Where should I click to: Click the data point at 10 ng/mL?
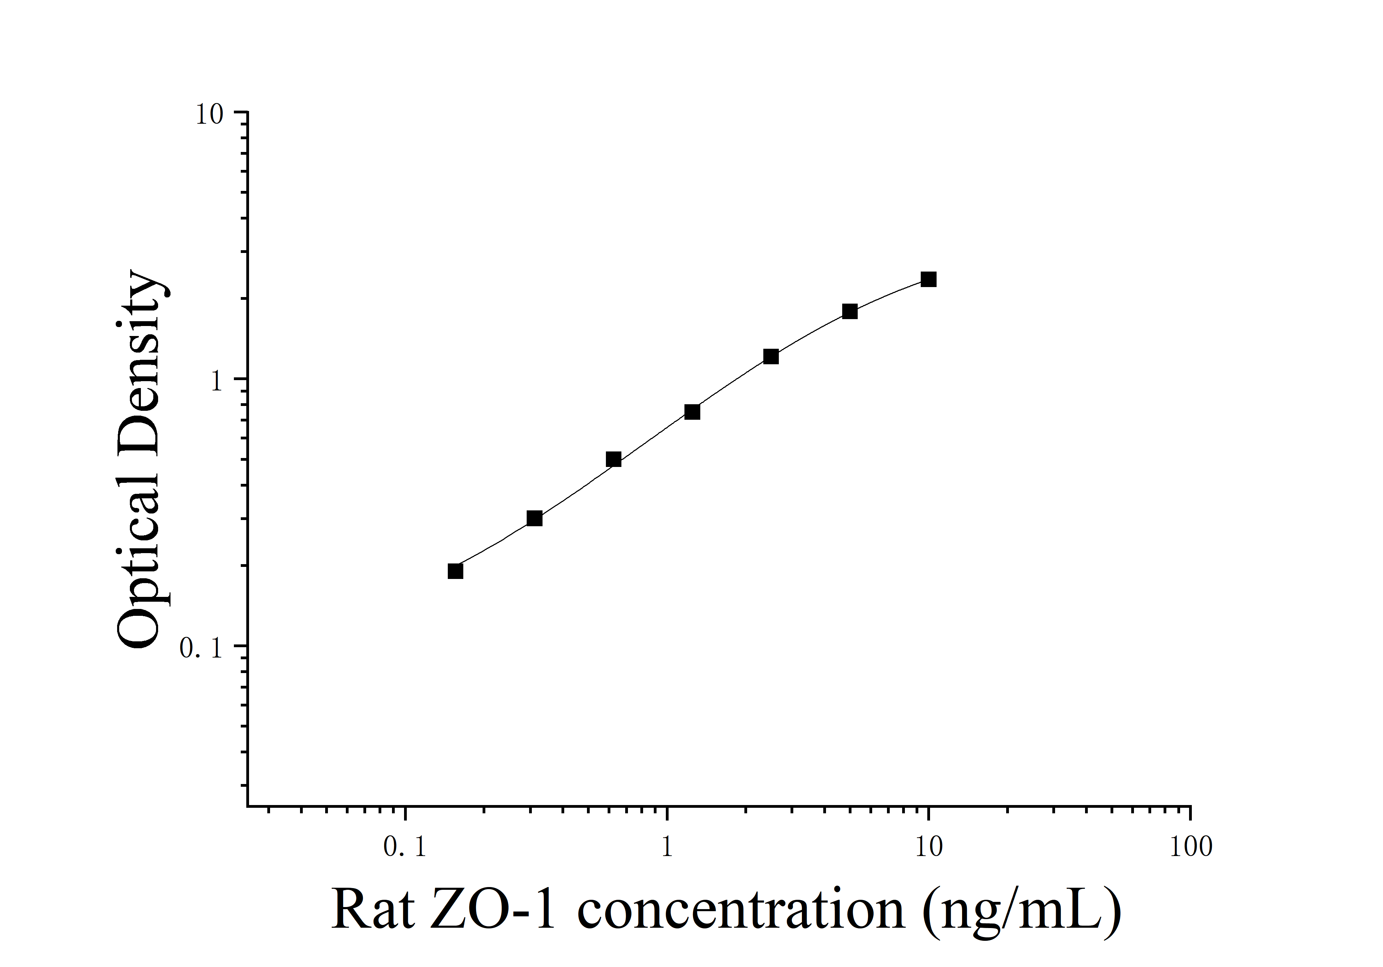click(x=928, y=279)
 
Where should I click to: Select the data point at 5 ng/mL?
click(x=849, y=312)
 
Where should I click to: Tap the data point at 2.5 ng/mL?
click(x=771, y=357)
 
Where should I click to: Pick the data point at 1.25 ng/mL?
click(x=692, y=412)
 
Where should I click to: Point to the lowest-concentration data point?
click(x=455, y=571)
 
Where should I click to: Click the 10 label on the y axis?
click(x=209, y=114)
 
